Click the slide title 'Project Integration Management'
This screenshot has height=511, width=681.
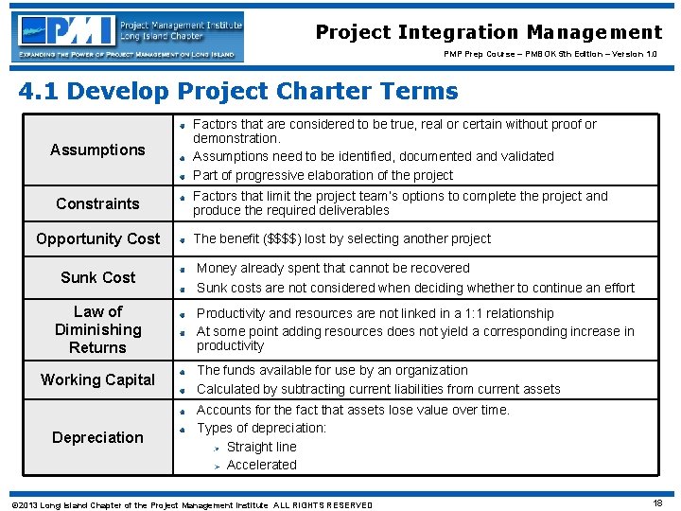[x=489, y=32]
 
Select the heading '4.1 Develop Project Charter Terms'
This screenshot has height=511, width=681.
[x=238, y=92]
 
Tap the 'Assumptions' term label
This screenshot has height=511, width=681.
[x=97, y=150]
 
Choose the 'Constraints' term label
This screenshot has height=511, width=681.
[x=97, y=203]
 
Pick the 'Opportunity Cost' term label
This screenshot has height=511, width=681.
[x=97, y=238]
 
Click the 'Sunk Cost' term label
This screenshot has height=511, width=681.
[x=97, y=277]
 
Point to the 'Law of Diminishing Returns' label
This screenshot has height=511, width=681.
[x=97, y=329]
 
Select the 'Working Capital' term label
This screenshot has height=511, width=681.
[x=97, y=379]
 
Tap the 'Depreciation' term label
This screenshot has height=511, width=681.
[x=97, y=437]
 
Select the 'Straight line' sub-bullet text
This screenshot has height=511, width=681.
[x=261, y=447]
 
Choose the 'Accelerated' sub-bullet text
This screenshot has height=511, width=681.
[x=261, y=465]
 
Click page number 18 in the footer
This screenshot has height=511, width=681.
[x=657, y=503]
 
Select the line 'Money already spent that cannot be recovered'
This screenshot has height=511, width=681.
[x=333, y=269]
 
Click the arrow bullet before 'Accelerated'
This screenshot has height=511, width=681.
[x=216, y=466]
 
